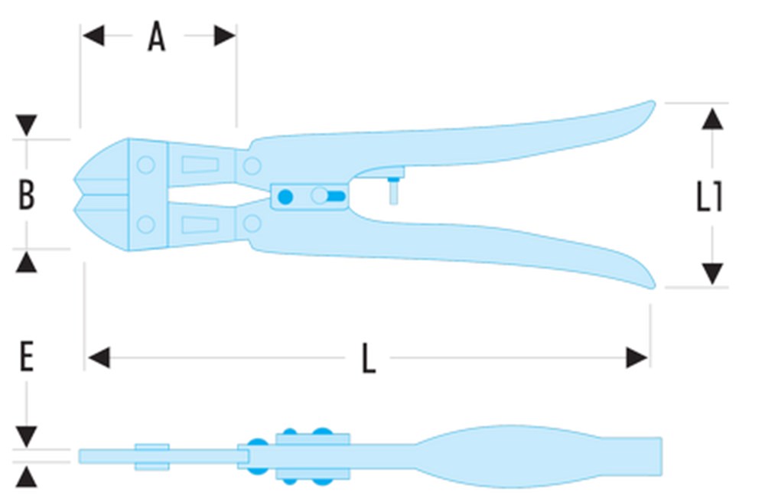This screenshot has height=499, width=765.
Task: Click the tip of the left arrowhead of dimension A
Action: (x=83, y=36)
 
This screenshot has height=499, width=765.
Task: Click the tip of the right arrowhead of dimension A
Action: (x=236, y=36)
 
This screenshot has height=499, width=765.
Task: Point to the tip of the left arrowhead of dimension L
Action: (x=88, y=358)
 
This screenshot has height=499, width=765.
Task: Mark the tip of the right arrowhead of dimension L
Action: (x=648, y=358)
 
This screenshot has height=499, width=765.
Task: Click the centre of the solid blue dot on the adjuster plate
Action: (x=285, y=197)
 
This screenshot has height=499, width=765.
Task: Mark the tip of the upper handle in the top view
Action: (x=654, y=102)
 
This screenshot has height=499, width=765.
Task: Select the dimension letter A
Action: (x=157, y=36)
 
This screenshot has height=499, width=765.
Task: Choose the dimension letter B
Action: (x=26, y=195)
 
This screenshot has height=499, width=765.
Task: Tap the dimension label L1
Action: (x=709, y=196)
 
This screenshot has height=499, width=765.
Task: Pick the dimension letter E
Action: (x=26, y=357)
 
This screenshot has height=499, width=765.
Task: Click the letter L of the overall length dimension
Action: (x=369, y=358)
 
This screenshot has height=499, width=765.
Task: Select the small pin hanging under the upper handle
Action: (x=393, y=191)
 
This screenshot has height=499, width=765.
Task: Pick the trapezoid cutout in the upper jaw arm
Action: (x=200, y=165)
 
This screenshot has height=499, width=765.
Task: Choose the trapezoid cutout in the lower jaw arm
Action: (x=200, y=225)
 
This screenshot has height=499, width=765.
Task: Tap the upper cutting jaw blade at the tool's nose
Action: (x=102, y=166)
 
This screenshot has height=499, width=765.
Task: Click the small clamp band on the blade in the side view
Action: (x=152, y=457)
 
